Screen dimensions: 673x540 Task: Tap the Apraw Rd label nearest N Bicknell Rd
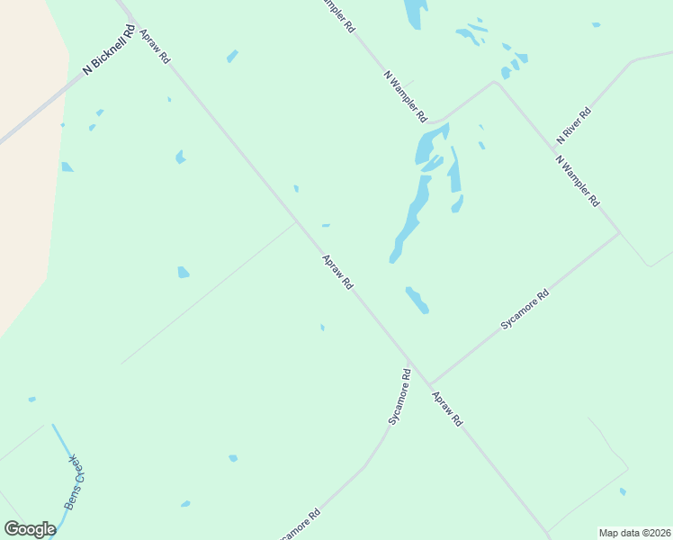pos(155,46)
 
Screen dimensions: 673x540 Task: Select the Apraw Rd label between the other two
pos(337,272)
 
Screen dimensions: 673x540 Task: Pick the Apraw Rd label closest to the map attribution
pos(446,409)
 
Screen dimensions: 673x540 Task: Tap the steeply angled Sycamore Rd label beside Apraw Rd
pos(399,396)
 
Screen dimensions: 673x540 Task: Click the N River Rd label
pos(573,126)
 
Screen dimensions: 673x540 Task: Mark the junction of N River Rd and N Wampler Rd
pos(494,83)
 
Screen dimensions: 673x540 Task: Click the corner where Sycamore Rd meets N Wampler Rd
pos(619,234)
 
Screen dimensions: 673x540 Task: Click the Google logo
pos(30,529)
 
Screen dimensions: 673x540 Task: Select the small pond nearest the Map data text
pos(623,491)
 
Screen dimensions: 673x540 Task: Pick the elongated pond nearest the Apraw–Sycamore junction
pos(417,301)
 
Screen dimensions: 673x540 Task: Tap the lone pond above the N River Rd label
pos(596,25)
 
